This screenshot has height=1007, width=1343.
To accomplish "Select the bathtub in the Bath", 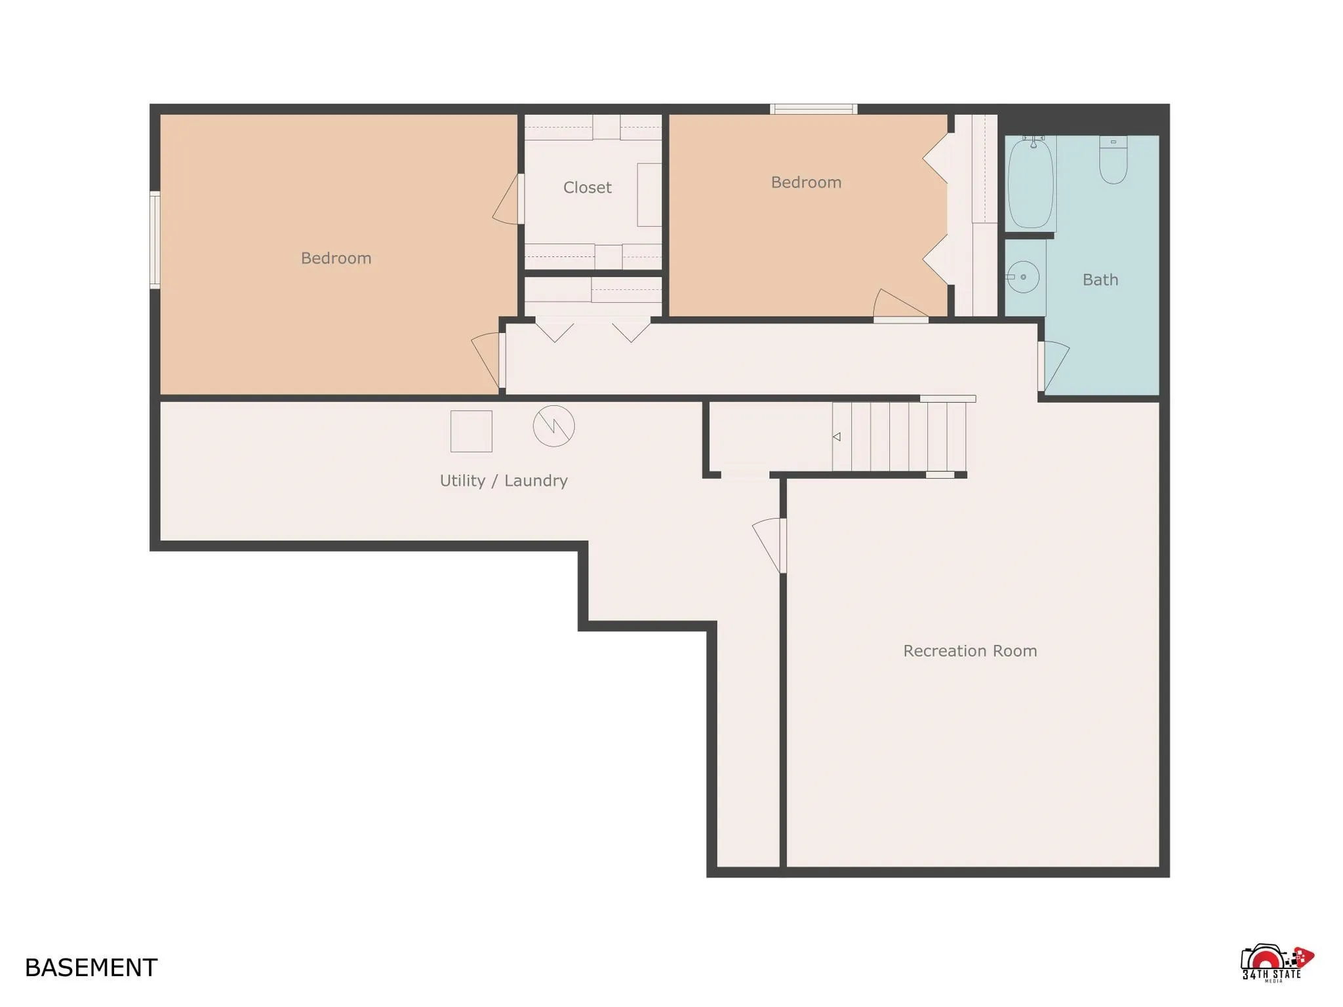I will coord(1031,184).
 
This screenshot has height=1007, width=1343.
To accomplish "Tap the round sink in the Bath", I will coord(1023,277).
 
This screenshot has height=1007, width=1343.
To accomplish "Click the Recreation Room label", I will coord(970,651).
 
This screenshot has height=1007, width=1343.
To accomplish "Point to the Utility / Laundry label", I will coord(504,481).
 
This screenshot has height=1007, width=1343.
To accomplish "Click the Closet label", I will coord(587,188).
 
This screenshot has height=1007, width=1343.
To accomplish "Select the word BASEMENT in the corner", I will coord(91,968).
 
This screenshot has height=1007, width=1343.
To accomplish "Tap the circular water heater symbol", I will coord(553,426).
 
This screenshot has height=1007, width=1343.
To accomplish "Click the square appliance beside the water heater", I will coord(471,431).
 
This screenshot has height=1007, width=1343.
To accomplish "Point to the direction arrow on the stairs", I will coord(837,437).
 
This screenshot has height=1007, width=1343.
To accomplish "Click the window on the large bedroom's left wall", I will coord(155,240).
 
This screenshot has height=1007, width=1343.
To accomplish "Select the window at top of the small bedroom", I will coord(813,109).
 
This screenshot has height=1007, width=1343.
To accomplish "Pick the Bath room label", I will coord(1100,280).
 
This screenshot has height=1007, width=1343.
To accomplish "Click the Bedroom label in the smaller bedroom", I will coord(806,182).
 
